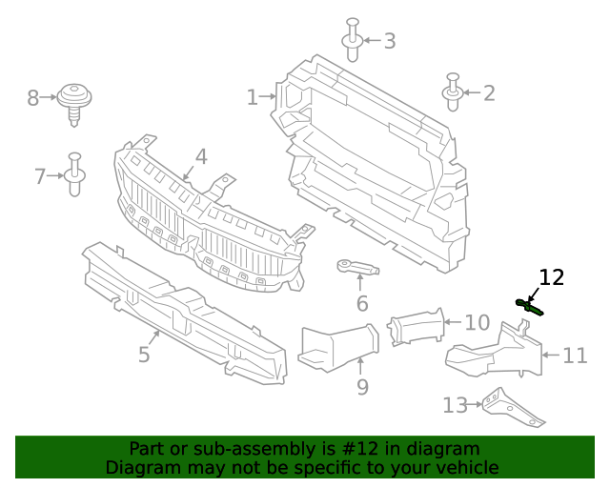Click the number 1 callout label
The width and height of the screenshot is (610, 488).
click(x=253, y=97)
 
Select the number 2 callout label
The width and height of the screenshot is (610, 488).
click(x=489, y=93)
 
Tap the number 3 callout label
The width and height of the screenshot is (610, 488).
click(x=389, y=41)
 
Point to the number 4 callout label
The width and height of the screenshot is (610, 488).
click(x=201, y=156)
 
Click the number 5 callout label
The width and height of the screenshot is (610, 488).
click(x=144, y=356)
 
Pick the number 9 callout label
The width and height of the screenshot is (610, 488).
click(x=362, y=387)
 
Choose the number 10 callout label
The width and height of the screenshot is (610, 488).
click(x=477, y=322)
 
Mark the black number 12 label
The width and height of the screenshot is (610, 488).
click(x=552, y=277)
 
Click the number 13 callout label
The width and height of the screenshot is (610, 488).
click(x=455, y=405)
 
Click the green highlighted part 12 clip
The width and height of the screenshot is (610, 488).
click(x=529, y=306)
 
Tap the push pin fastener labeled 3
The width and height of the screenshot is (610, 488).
click(x=352, y=33)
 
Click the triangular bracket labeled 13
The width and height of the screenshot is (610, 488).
click(x=512, y=407)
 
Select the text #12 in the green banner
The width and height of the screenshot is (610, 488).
click(x=324, y=449)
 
